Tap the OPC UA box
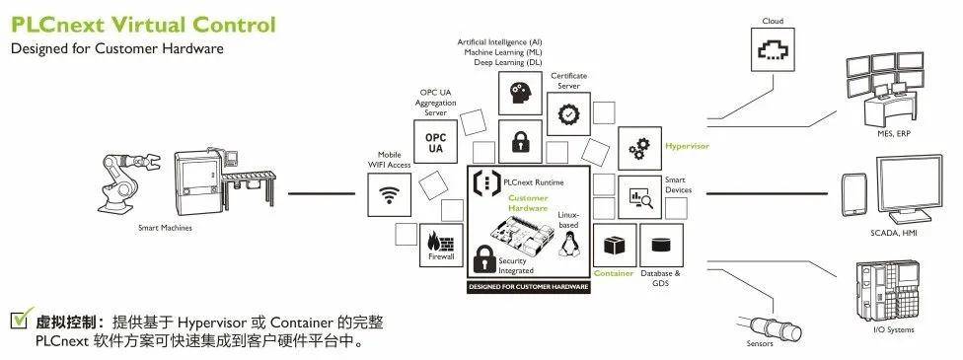(435, 142)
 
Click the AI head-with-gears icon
(520, 95)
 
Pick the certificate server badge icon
(568, 114)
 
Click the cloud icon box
(773, 47)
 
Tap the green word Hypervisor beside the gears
(687, 146)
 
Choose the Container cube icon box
(614, 245)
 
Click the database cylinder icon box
(661, 245)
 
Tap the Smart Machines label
(164, 228)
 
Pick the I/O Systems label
(894, 328)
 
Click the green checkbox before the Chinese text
(20, 321)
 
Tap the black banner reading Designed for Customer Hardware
(528, 287)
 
